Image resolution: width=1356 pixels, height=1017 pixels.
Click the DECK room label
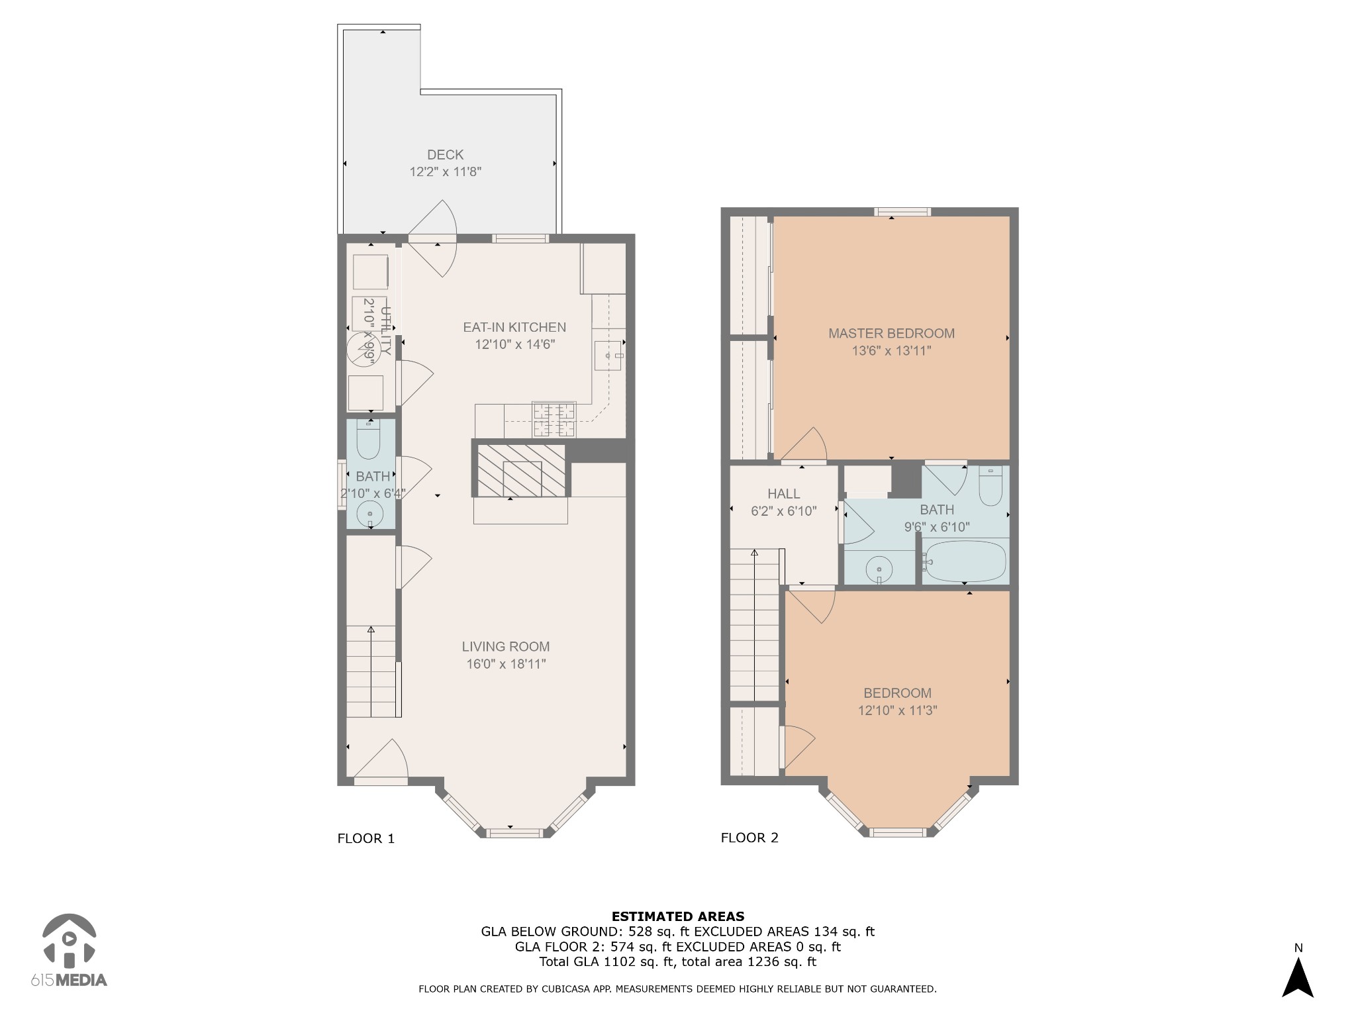pos(445,154)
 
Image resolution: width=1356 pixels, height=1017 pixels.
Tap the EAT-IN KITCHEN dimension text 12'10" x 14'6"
pos(514,344)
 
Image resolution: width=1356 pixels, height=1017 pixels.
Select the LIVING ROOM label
pos(506,646)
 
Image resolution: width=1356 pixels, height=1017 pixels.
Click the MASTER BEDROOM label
pos(891,334)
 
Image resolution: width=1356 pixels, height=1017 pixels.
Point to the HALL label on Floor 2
pos(784,494)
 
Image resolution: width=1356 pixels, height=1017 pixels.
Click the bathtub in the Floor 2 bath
pos(965,561)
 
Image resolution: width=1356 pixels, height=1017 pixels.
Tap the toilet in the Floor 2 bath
pos(991,487)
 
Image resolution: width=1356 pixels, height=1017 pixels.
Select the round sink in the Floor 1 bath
pos(370,514)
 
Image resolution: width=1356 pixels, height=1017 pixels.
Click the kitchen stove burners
pos(555,420)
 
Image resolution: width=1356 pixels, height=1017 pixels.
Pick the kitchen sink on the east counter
pos(609,356)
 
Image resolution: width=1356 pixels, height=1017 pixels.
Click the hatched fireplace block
pos(522,471)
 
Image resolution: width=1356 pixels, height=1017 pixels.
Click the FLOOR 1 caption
pos(365,838)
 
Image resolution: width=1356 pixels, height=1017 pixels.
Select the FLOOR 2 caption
pos(750,838)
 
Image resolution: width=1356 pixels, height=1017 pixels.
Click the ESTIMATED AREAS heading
pos(677,916)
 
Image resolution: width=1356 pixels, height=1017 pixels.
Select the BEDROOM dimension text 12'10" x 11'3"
pos(897,710)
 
